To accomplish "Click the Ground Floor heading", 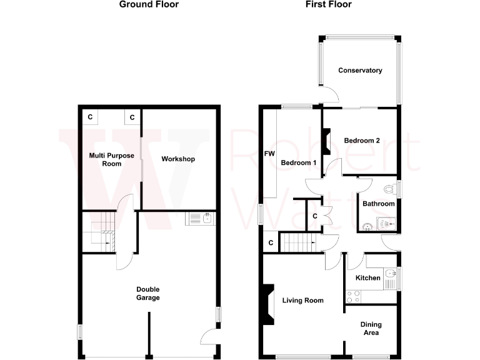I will click(149, 4).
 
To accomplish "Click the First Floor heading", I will click(328, 4).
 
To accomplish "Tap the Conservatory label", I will click(360, 71).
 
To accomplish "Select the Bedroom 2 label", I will click(362, 141).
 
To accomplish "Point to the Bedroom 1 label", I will click(298, 162).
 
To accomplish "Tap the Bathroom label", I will click(379, 204).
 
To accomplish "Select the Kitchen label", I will click(368, 277).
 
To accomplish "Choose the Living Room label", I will click(302, 301).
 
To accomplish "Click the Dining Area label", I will click(371, 328).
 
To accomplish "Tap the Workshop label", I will click(178, 159).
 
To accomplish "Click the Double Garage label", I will click(149, 293).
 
